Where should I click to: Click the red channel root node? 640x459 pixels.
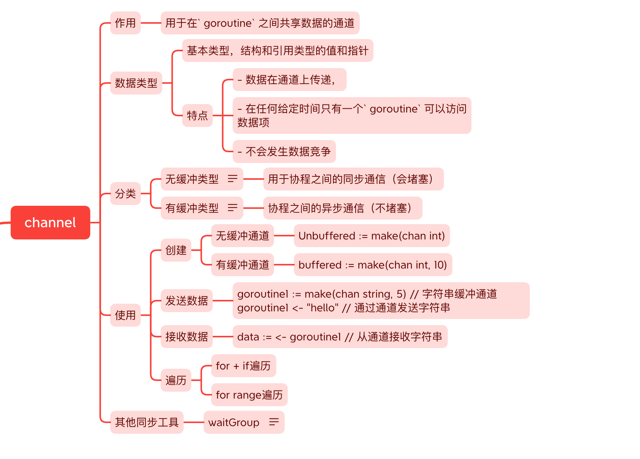(50, 223)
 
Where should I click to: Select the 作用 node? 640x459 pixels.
(125, 23)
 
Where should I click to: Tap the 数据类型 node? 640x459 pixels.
(136, 83)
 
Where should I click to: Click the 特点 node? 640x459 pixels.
(197, 116)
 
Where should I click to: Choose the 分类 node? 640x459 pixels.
(125, 194)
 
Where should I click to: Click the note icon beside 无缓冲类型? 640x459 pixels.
(233, 179)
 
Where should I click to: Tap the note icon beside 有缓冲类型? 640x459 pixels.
(233, 208)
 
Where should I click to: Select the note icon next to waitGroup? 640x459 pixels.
(274, 422)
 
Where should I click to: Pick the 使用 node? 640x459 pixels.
(125, 315)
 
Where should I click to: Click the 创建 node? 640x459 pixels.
(176, 250)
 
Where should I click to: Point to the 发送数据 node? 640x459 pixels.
(186, 301)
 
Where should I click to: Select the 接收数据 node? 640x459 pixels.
(186, 337)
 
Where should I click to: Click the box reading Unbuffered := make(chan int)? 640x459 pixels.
(372, 236)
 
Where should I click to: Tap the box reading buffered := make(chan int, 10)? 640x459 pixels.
(373, 265)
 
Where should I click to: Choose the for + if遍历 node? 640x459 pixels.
(243, 366)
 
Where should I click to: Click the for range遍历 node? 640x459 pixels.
(249, 395)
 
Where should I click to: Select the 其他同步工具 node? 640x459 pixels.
(147, 422)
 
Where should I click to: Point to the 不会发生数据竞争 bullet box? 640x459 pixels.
(284, 151)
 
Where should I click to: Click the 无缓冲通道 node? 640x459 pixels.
(242, 236)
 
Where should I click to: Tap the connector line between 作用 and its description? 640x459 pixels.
(151, 23)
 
